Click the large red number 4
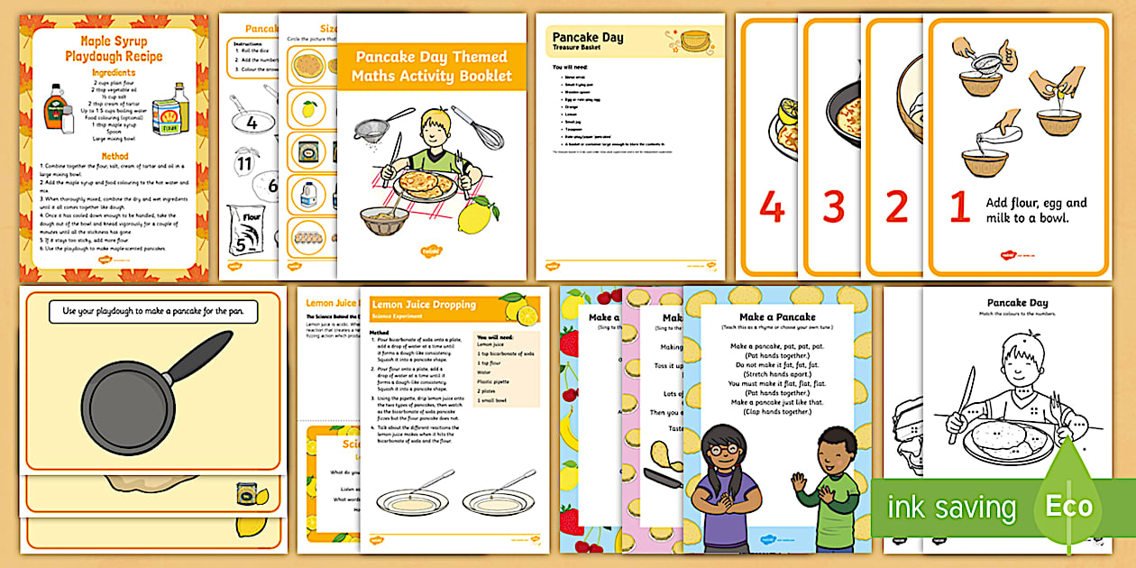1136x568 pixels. coord(771,206)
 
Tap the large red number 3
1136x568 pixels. coord(834,206)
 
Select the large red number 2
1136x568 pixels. coord(896,206)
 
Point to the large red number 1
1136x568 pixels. coord(960,207)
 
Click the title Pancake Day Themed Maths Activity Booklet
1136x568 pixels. coord(432,67)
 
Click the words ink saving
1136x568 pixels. coord(952,507)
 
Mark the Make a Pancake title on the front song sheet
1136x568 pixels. coord(776,316)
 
